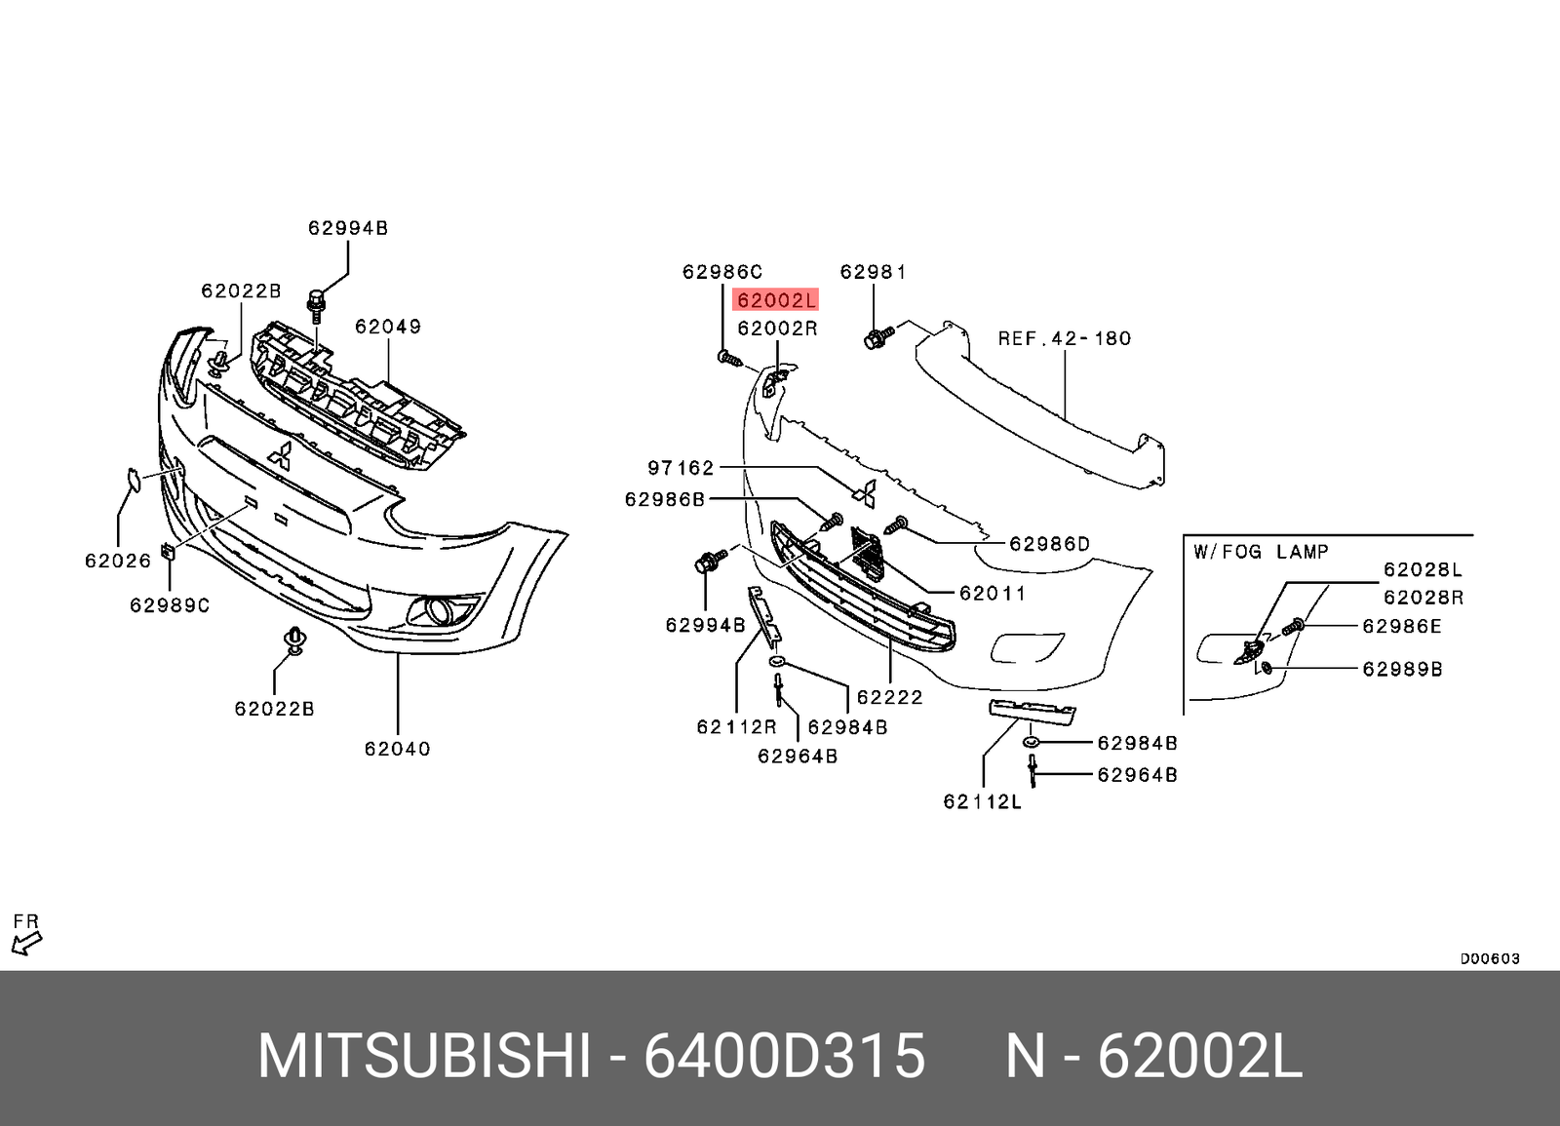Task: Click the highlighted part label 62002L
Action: pos(776,300)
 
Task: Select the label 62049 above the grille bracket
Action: pos(388,327)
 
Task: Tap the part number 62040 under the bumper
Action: pos(397,749)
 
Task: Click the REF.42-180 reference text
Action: pos(1065,338)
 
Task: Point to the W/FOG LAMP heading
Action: pos(1261,552)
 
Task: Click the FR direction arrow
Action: pos(26,941)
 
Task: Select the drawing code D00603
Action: pos(1489,958)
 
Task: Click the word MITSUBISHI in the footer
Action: pos(424,1056)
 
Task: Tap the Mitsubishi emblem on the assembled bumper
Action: pos(280,456)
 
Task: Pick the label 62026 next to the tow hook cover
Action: pos(118,561)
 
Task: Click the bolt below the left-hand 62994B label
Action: pos(315,304)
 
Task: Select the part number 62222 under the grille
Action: pos(889,697)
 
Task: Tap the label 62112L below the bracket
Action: pos(982,801)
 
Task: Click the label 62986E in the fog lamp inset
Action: pos(1401,626)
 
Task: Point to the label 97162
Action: pos(681,468)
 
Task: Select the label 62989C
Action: pos(170,605)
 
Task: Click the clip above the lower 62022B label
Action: pos(293,640)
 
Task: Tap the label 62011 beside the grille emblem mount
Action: pos(992,593)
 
